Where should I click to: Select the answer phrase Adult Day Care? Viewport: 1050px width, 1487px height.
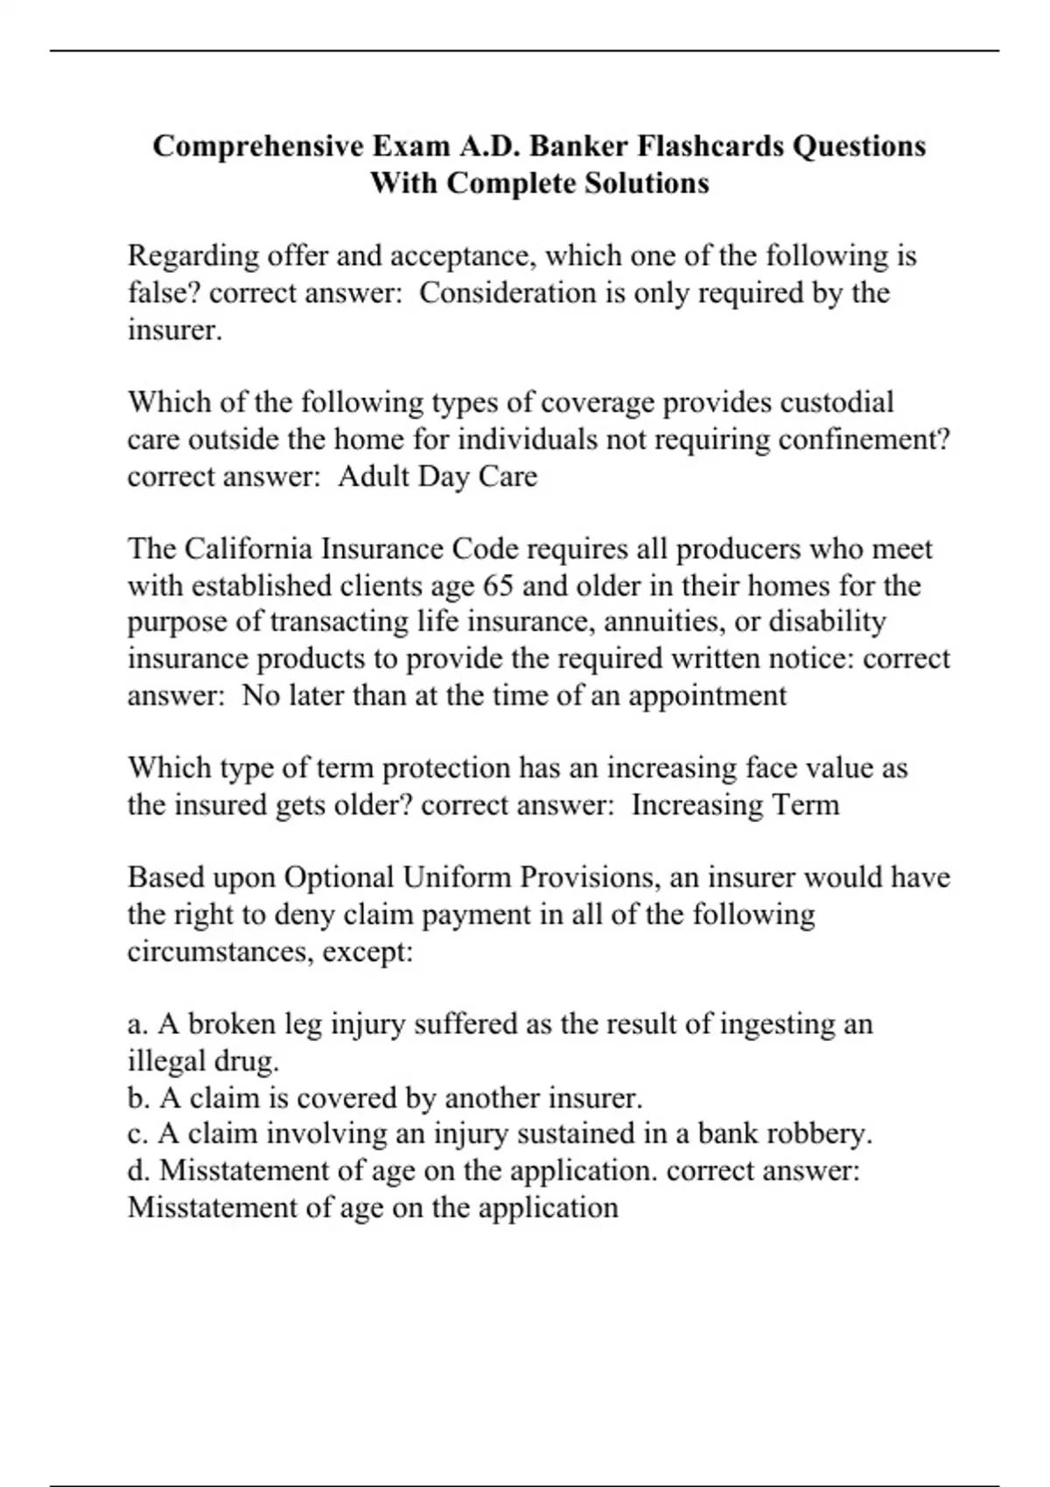tap(437, 477)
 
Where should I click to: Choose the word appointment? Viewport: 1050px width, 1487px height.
tap(707, 695)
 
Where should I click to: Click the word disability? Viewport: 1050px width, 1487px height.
tap(827, 622)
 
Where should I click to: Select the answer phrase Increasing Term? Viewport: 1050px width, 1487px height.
tap(735, 805)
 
